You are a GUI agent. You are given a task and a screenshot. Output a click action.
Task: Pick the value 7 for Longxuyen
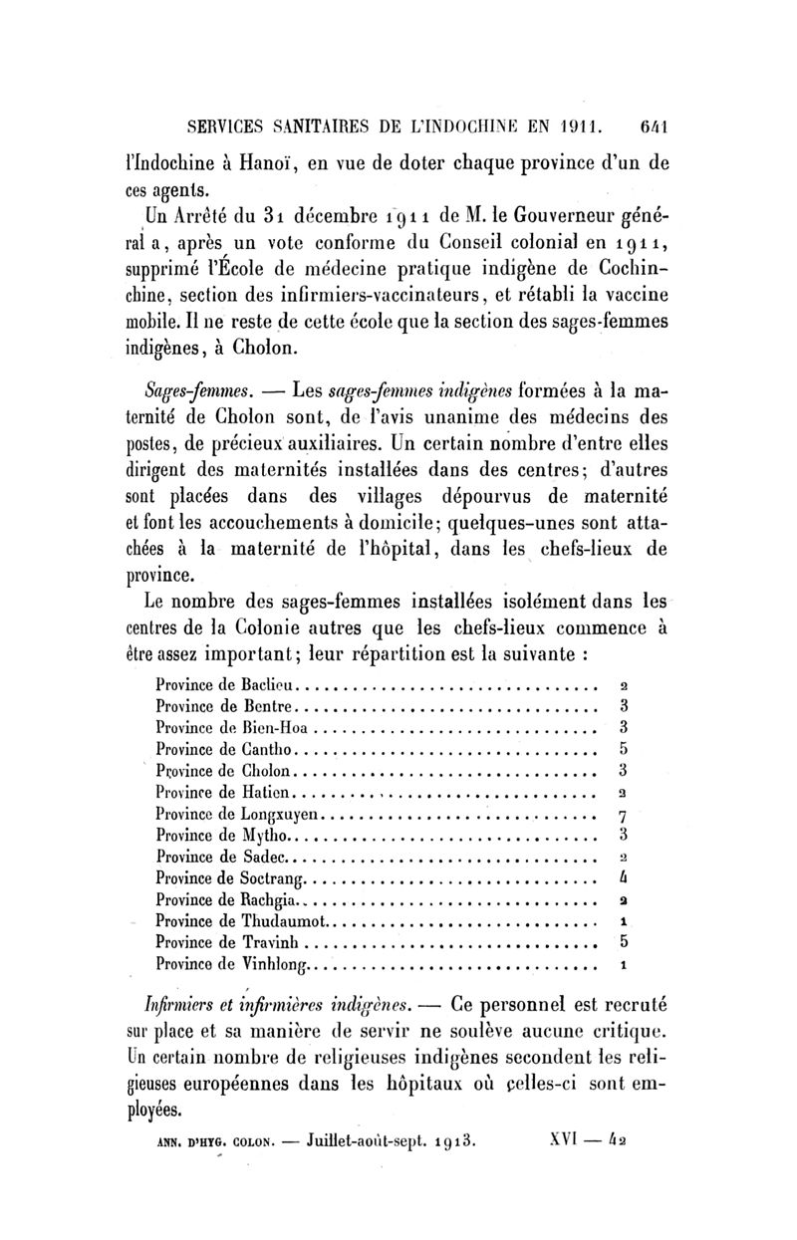[x=622, y=816]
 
